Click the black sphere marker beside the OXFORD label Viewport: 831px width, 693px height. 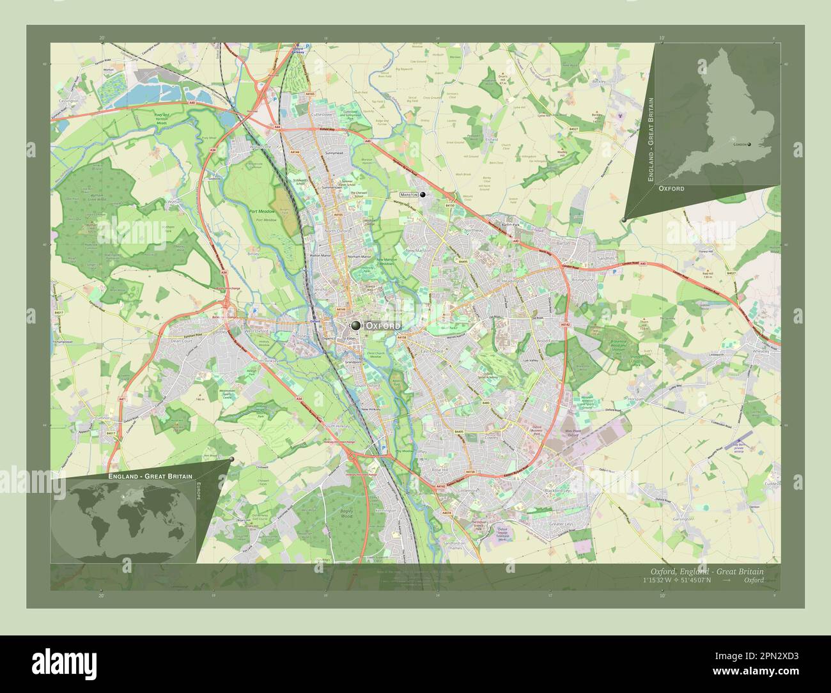coord(355,326)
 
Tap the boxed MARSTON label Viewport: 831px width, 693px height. coord(408,194)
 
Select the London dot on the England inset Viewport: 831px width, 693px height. coord(749,144)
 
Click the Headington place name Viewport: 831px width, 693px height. coord(513,281)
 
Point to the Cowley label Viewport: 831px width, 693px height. coord(491,439)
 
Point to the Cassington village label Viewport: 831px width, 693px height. coord(68,101)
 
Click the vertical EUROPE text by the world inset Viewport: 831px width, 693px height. coord(198,493)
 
